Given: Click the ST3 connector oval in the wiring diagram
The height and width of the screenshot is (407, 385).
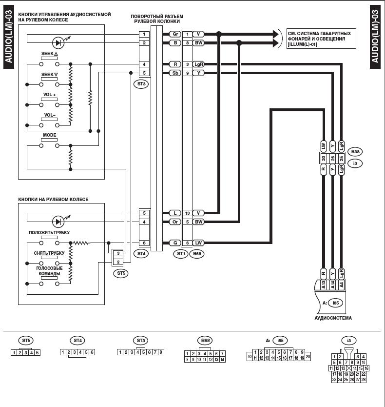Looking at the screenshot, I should tap(141, 83).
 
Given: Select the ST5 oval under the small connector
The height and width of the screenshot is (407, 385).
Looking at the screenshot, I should tap(121, 273).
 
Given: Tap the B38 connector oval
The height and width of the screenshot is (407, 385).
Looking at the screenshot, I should tap(355, 151).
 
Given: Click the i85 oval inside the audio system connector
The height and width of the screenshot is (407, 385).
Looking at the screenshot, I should tap(335, 303).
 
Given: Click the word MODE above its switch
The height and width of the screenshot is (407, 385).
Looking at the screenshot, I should tap(49, 135).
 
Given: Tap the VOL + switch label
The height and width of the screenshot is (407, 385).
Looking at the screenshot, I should tap(49, 95).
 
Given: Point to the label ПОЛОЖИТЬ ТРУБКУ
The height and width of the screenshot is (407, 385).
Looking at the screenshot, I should tap(49, 233).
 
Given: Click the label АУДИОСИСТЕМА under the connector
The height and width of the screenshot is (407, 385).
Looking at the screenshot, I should tap(333, 318).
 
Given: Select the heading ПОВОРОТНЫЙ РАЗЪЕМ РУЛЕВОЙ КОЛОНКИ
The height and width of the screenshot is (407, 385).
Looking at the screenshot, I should tap(155, 19).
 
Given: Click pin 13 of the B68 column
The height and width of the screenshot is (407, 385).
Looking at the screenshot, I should tap(187, 213).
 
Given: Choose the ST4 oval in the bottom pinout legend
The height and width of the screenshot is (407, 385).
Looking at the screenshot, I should tap(77, 340).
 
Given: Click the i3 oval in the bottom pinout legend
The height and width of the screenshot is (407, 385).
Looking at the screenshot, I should tap(348, 340).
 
